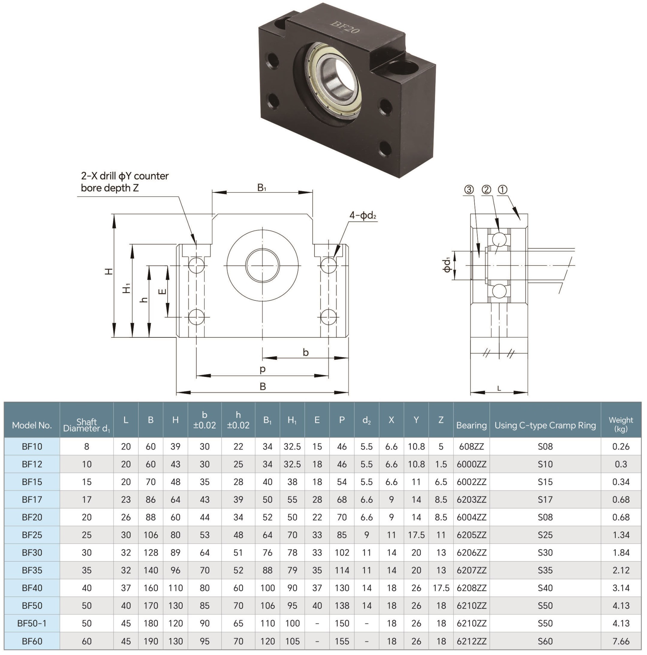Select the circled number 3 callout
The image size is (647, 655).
469,189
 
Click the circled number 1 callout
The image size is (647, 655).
503,189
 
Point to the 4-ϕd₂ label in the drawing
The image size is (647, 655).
363,215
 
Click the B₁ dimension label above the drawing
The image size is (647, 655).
262,188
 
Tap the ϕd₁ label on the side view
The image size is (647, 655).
447,265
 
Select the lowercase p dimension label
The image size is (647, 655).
262,369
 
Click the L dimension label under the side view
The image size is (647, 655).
499,388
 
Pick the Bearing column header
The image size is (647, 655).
471,425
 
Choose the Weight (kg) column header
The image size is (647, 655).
620,424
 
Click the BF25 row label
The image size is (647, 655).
32,535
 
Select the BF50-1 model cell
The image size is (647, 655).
32,623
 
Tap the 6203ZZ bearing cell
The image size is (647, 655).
471,499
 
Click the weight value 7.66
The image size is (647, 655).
620,641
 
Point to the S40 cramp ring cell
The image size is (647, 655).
545,588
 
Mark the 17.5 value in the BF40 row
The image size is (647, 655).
441,588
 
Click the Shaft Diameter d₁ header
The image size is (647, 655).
86,425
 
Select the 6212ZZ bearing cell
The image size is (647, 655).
471,641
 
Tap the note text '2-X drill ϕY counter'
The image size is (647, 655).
125,176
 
